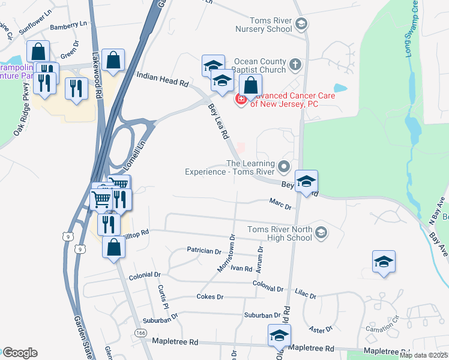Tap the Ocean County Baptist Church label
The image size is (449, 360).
(261, 65)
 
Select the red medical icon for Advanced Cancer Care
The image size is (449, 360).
(241, 99)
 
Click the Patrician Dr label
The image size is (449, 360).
(200, 250)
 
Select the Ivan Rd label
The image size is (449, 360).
(241, 269)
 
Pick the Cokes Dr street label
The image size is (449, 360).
(209, 296)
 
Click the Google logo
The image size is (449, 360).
(20, 353)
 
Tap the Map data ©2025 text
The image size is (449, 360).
(423, 355)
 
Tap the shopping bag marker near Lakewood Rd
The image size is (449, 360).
(113, 61)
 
